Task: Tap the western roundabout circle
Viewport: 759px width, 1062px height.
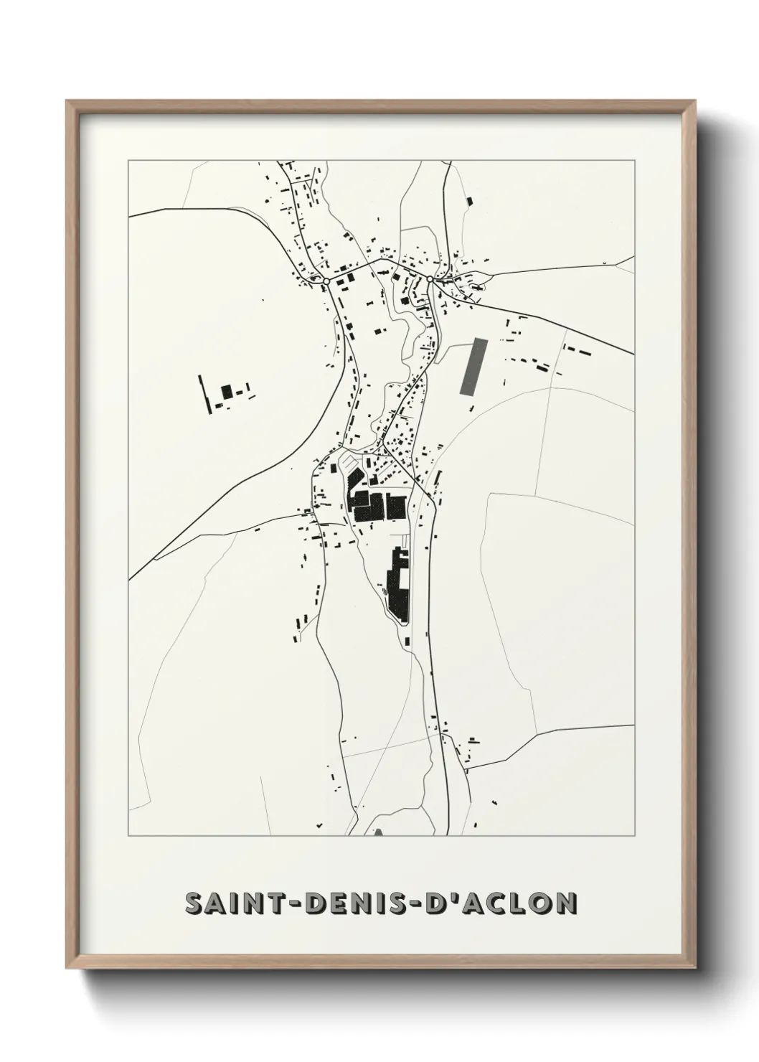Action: pos(325,281)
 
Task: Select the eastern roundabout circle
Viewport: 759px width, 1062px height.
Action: pos(429,278)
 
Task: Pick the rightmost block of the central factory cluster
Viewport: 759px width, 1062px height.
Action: pos(396,506)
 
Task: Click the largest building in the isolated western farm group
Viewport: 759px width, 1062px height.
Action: pos(227,391)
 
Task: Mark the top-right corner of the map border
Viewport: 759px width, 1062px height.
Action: pos(635,161)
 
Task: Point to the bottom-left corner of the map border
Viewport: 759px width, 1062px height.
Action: pos(128,836)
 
